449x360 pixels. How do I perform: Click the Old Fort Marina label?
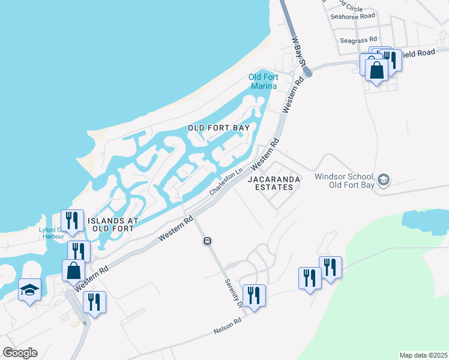tap(263, 82)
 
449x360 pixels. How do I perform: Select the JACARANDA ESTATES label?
tap(272, 183)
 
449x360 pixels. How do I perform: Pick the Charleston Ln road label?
tap(226, 180)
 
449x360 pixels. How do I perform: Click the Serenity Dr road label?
tap(233, 293)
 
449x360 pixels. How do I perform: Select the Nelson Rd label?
tap(228, 326)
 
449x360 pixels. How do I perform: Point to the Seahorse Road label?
tap(352, 16)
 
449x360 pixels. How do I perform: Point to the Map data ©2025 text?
tap(423, 355)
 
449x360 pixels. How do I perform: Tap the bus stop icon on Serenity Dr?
tap(207, 241)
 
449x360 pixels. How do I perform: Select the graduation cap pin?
tap(30, 291)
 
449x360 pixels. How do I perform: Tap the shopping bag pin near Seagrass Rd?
tap(376, 70)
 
